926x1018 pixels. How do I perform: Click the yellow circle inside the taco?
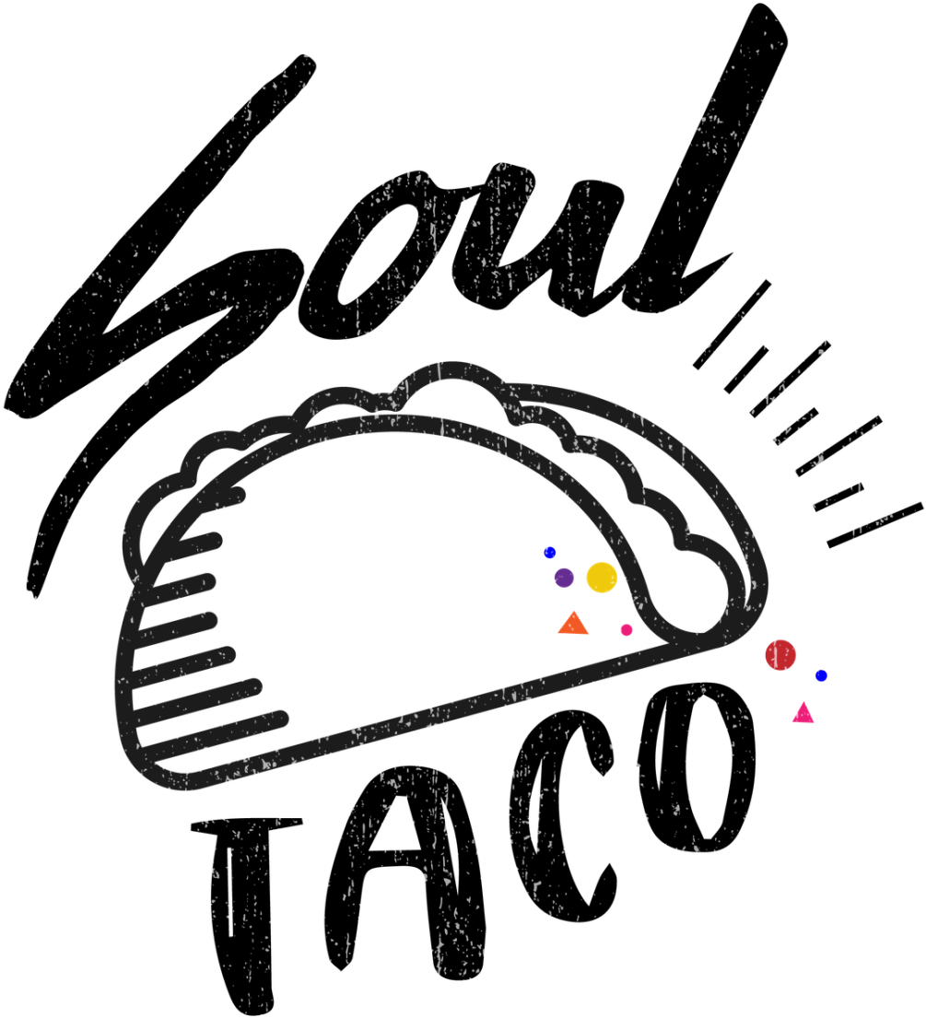point(602,578)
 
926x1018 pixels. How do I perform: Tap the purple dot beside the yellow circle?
point(564,578)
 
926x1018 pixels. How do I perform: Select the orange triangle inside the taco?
point(573,624)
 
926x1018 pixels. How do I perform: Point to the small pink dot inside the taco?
point(627,630)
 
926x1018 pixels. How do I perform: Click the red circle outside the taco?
point(780,654)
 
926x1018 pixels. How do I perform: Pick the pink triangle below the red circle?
point(803,714)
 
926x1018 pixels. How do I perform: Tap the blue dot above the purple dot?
point(550,553)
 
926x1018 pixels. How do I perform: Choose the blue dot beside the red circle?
point(822,676)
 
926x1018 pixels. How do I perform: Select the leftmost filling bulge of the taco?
point(138,534)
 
